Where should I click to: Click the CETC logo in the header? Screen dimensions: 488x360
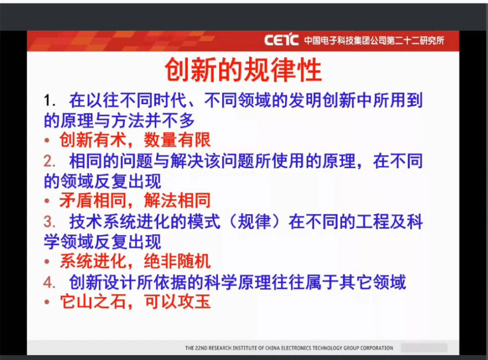(281, 40)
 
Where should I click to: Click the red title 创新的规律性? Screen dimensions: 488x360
(243, 70)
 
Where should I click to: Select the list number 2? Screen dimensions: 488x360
(49, 161)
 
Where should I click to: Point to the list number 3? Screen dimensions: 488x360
(49, 222)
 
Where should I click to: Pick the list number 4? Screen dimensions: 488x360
(49, 282)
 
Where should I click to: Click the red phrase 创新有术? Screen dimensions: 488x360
(93, 140)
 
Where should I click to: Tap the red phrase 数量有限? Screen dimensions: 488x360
(178, 140)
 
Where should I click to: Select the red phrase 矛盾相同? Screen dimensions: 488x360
(93, 200)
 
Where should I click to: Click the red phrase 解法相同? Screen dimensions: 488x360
(178, 200)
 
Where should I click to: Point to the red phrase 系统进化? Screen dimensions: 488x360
(93, 261)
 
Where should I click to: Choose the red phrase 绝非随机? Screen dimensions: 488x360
(178, 261)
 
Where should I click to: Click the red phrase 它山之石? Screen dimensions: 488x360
(93, 301)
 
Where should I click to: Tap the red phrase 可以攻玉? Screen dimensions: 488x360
(178, 301)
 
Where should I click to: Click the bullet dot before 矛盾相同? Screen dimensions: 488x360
(47, 201)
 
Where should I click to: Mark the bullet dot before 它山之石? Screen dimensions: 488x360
(47, 302)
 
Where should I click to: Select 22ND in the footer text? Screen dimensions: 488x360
(201, 348)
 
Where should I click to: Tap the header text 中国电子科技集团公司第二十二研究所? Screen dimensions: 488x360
(374, 40)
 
